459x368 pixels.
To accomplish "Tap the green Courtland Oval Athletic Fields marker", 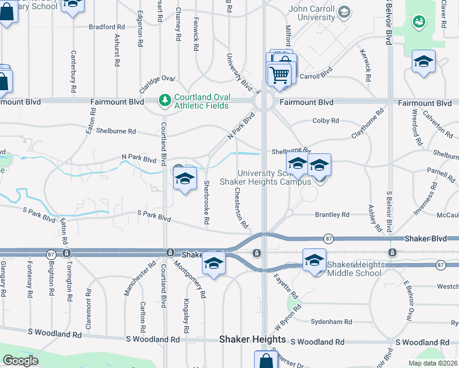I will click(x=164, y=99).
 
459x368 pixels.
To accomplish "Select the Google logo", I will click(x=21, y=361).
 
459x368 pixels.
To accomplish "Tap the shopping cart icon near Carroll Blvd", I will click(x=279, y=75).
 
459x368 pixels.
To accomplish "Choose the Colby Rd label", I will click(x=325, y=121).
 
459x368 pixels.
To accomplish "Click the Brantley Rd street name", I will click(x=332, y=215).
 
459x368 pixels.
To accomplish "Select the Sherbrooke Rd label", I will click(x=206, y=202).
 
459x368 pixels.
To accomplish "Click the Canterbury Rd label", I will click(x=74, y=71).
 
